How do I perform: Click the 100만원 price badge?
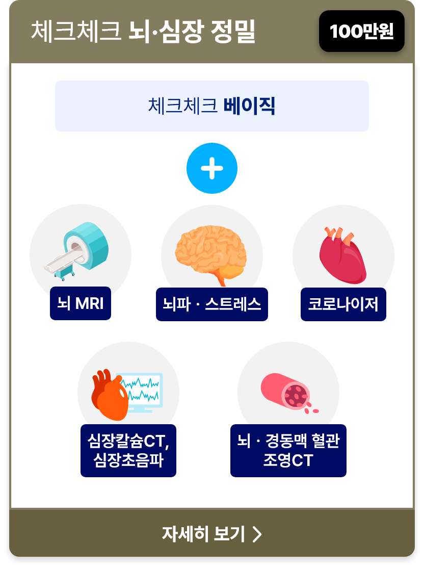pos(362,31)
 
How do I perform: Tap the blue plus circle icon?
pos(212,168)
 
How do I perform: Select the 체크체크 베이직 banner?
pos(212,106)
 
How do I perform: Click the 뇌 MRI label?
pos(81,303)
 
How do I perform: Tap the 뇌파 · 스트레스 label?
pos(212,304)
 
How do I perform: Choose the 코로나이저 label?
pos(343,304)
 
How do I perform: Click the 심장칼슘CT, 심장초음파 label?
pos(128,451)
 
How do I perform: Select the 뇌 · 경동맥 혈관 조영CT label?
pos(288,451)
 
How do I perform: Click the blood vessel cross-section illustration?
pos(289,393)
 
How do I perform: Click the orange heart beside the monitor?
pos(110,396)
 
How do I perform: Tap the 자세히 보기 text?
pos(203,534)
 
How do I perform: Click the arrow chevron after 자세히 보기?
pos(257,534)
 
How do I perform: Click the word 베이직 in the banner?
pos(249,106)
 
